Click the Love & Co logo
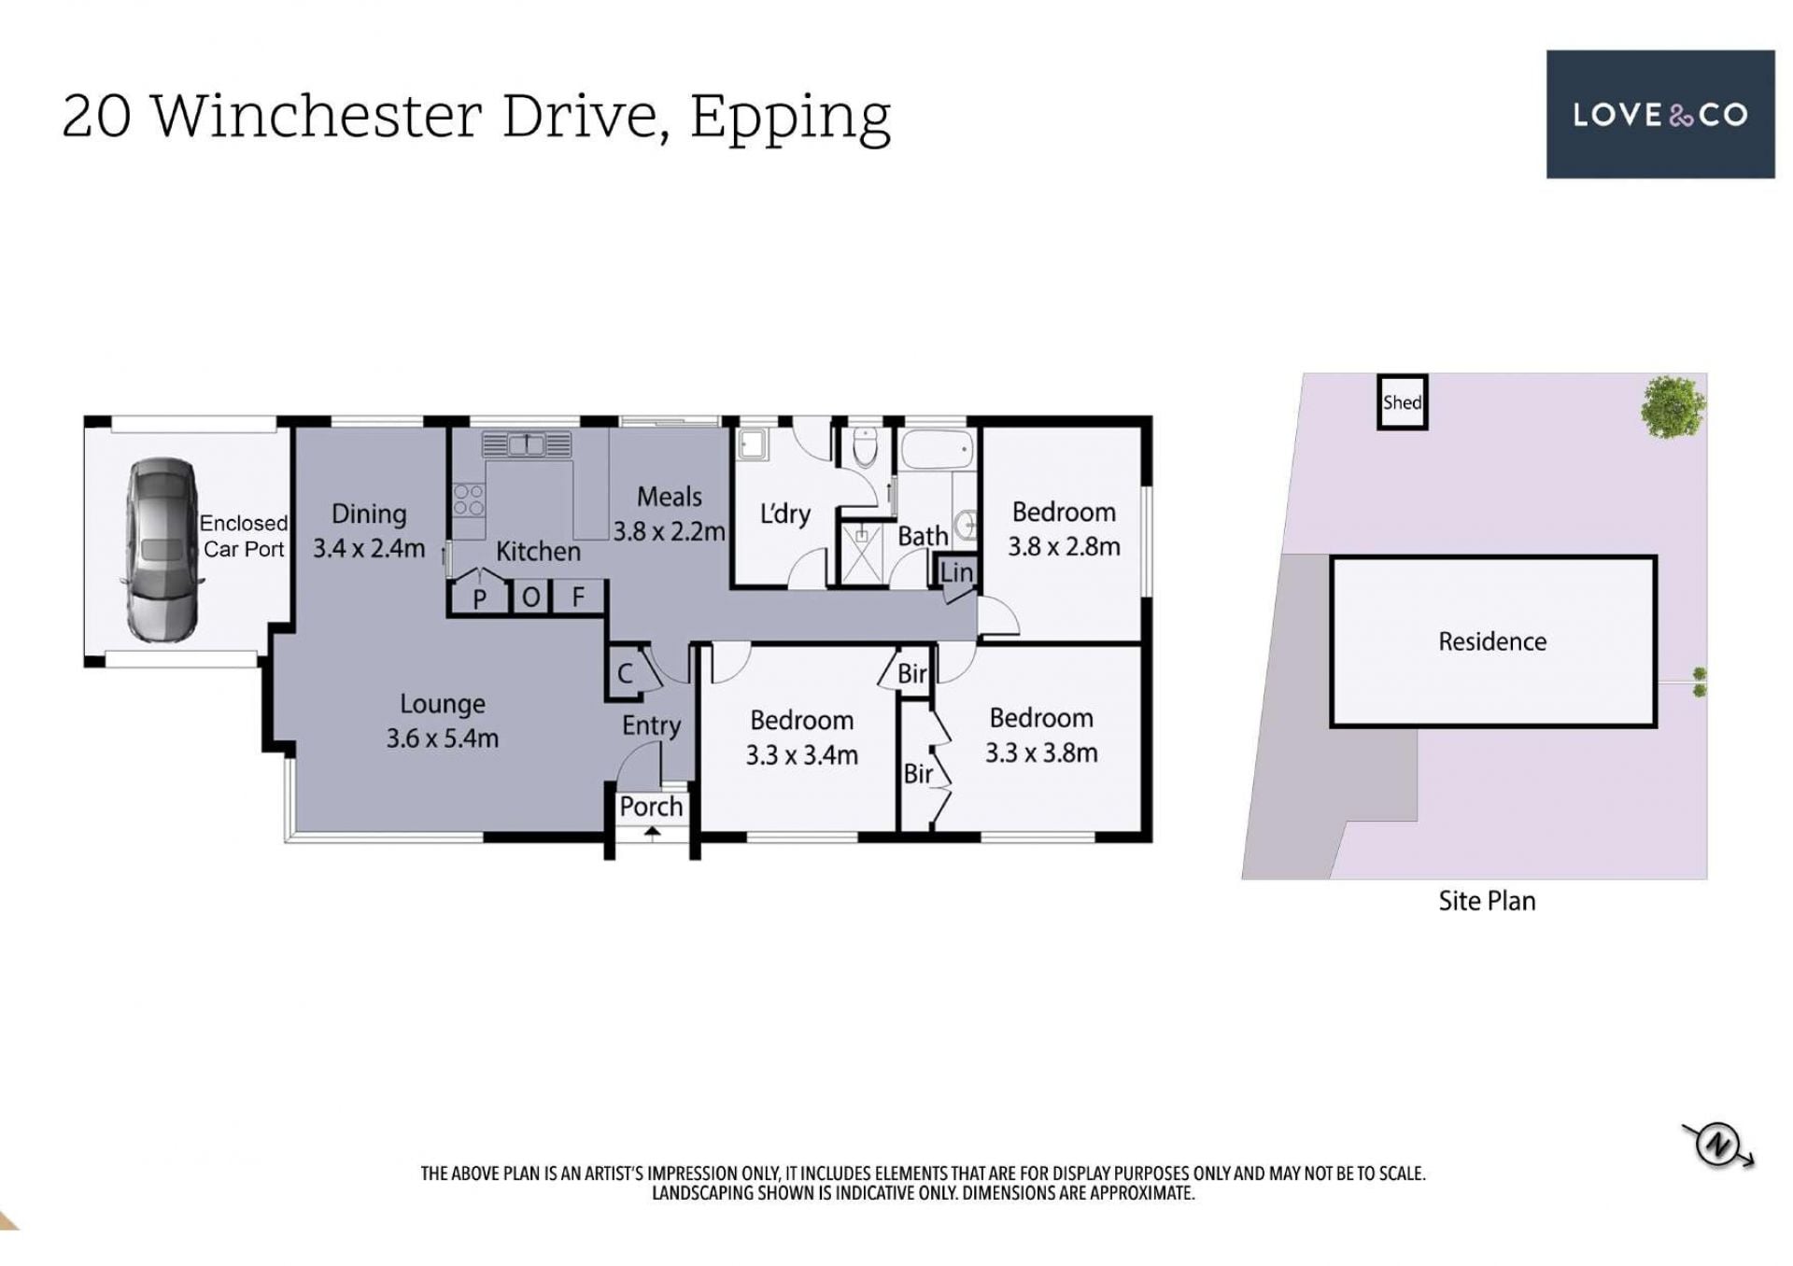[1659, 114]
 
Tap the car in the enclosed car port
[162, 549]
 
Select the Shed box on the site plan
[1402, 402]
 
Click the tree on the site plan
[1673, 407]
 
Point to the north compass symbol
[1717, 1145]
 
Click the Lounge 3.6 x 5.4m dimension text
[442, 738]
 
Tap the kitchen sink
[526, 444]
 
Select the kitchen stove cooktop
[468, 499]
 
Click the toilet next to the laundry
[866, 447]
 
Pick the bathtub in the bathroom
[937, 450]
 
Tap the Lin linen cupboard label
[956, 571]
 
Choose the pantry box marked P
[479, 597]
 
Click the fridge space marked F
[578, 596]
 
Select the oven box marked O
[530, 596]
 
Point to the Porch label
[651, 806]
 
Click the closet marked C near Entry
[625, 672]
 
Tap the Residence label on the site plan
[1492, 641]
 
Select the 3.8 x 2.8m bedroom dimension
[1064, 546]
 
